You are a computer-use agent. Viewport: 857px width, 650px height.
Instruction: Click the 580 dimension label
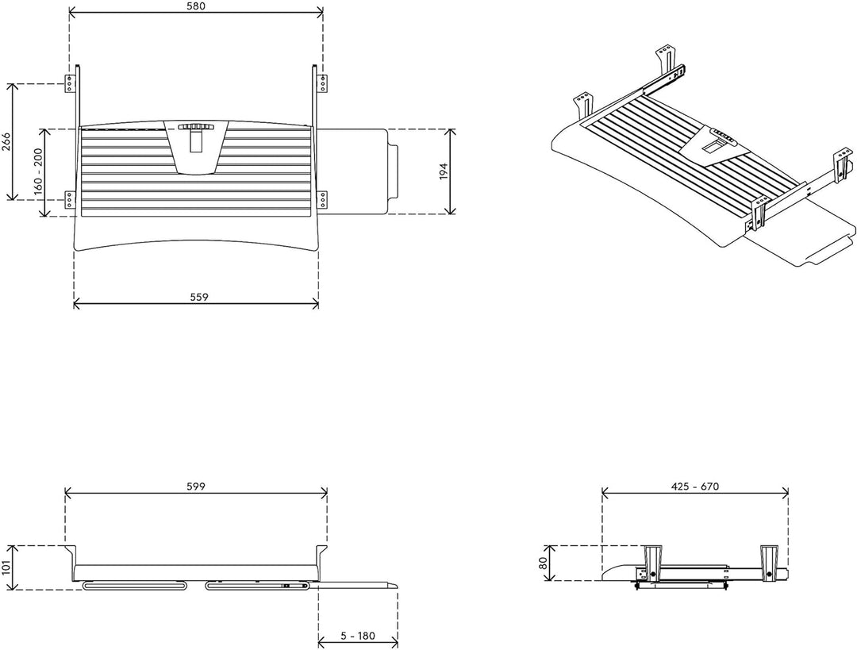click(196, 6)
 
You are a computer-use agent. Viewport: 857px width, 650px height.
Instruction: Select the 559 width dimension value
click(199, 297)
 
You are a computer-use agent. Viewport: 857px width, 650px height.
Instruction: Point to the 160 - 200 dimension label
click(38, 171)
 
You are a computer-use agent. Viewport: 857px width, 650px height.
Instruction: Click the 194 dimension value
click(444, 171)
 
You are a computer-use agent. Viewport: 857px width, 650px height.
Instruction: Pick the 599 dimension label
click(196, 486)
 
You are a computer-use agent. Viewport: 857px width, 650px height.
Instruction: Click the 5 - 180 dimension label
click(358, 636)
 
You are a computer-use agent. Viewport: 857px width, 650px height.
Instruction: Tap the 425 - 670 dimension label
click(694, 486)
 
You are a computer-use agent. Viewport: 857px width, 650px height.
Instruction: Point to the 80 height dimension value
click(544, 563)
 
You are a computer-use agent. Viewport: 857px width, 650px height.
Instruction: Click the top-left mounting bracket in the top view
click(69, 83)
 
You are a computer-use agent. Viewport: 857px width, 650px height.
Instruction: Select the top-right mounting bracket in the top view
click(323, 83)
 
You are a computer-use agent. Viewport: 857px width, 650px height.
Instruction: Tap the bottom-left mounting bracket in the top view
click(69, 199)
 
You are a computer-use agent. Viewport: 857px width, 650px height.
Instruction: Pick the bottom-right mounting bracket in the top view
click(323, 199)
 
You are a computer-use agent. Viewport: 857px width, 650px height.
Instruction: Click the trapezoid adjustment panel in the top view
click(196, 148)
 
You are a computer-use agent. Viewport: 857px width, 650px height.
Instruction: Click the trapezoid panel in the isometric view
click(709, 144)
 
